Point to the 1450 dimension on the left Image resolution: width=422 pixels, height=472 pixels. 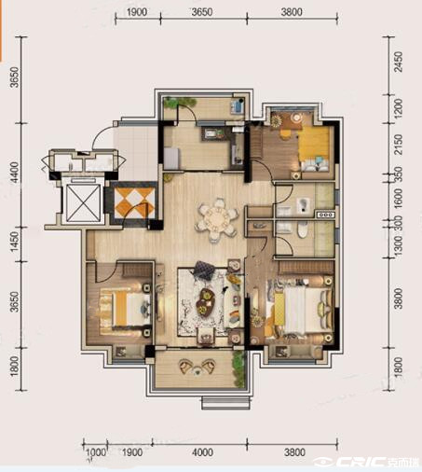tap(14, 244)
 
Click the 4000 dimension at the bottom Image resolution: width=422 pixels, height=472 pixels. tap(203, 452)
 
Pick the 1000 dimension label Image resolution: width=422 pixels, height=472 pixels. tap(96, 452)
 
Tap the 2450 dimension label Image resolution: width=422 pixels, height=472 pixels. tap(398, 62)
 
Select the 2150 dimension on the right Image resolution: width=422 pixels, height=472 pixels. tap(398, 145)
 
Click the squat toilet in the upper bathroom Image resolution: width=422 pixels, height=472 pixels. tap(302, 205)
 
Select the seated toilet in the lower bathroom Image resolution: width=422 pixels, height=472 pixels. tap(302, 229)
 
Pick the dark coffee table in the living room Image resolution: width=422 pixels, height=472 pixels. tap(207, 301)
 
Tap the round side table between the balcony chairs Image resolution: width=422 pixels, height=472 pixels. tap(197, 369)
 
